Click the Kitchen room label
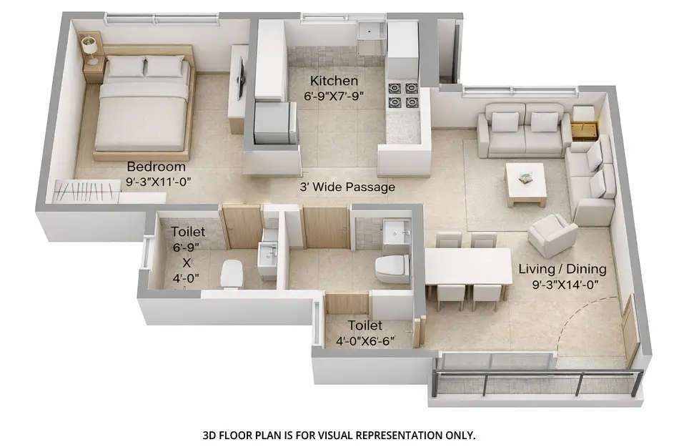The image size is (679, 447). pyautogui.click(x=334, y=81)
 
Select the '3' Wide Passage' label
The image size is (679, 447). pyautogui.click(x=347, y=187)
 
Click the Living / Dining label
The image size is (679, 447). pyautogui.click(x=562, y=270)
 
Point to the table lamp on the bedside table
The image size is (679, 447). pyautogui.click(x=90, y=48)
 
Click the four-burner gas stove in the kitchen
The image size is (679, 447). pyautogui.click(x=402, y=95)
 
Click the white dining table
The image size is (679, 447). pyautogui.click(x=467, y=265)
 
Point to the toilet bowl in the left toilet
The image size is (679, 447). pyautogui.click(x=232, y=274)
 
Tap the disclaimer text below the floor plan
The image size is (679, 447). pyautogui.click(x=339, y=434)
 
